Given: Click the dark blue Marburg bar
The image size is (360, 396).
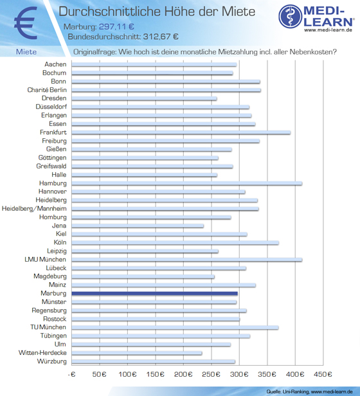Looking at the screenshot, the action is click(x=155, y=293).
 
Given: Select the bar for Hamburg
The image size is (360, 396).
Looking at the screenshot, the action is click(x=186, y=183).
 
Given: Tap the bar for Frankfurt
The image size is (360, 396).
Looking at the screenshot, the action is click(x=181, y=132).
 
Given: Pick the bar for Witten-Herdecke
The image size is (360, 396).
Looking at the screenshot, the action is click(x=137, y=353).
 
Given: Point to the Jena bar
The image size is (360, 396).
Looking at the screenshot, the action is click(x=138, y=226).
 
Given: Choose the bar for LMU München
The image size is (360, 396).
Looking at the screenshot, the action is click(x=186, y=260).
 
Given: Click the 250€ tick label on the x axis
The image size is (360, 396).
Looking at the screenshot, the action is click(x=211, y=374).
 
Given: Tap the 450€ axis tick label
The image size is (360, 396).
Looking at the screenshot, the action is click(x=323, y=374).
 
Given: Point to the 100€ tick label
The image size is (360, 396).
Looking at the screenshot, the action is click(x=127, y=374).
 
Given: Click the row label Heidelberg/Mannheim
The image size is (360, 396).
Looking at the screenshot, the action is click(x=34, y=209).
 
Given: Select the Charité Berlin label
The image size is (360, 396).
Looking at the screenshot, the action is click(x=47, y=90).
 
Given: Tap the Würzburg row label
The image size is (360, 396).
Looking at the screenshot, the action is click(x=52, y=361).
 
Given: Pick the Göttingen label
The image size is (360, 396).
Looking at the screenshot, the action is click(x=52, y=158).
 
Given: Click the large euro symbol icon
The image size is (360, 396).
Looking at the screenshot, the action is click(x=26, y=22).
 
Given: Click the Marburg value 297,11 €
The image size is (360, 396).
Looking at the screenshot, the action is click(x=116, y=26).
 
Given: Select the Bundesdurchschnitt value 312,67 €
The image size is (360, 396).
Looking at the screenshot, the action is click(x=161, y=37).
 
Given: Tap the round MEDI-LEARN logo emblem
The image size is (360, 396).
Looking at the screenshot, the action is click(x=291, y=17).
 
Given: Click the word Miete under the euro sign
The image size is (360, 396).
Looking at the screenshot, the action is click(x=26, y=52).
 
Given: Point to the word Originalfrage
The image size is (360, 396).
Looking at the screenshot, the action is click(x=94, y=52).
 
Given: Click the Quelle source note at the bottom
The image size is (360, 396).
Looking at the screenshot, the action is click(x=309, y=392).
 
